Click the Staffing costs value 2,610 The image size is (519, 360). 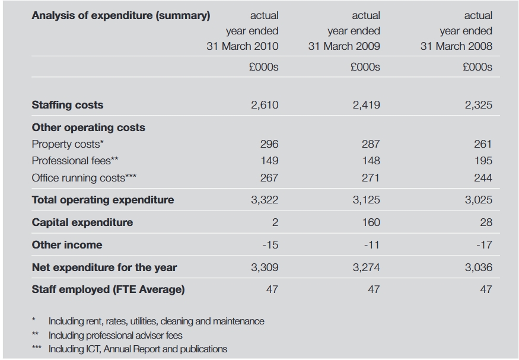point(265,105)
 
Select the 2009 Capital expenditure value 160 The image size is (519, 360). point(371,222)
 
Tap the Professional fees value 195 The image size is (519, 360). point(483,161)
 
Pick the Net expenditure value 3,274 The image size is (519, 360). point(367,267)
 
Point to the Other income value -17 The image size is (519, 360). point(485,245)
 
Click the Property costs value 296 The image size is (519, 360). point(269,144)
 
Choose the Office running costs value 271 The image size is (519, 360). point(371,178)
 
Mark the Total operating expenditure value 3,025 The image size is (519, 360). point(479,200)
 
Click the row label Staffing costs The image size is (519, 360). point(68,105)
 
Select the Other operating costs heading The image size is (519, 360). point(88,128)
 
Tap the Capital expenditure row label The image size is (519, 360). point(82,222)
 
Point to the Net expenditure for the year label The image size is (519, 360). point(104,267)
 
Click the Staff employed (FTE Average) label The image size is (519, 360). point(108,289)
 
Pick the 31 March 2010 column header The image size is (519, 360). point(243,46)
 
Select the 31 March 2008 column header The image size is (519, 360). point(457,46)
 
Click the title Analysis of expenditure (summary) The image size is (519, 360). point(121,15)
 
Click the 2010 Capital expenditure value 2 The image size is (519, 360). point(275,222)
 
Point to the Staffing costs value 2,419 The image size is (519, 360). point(367,105)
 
